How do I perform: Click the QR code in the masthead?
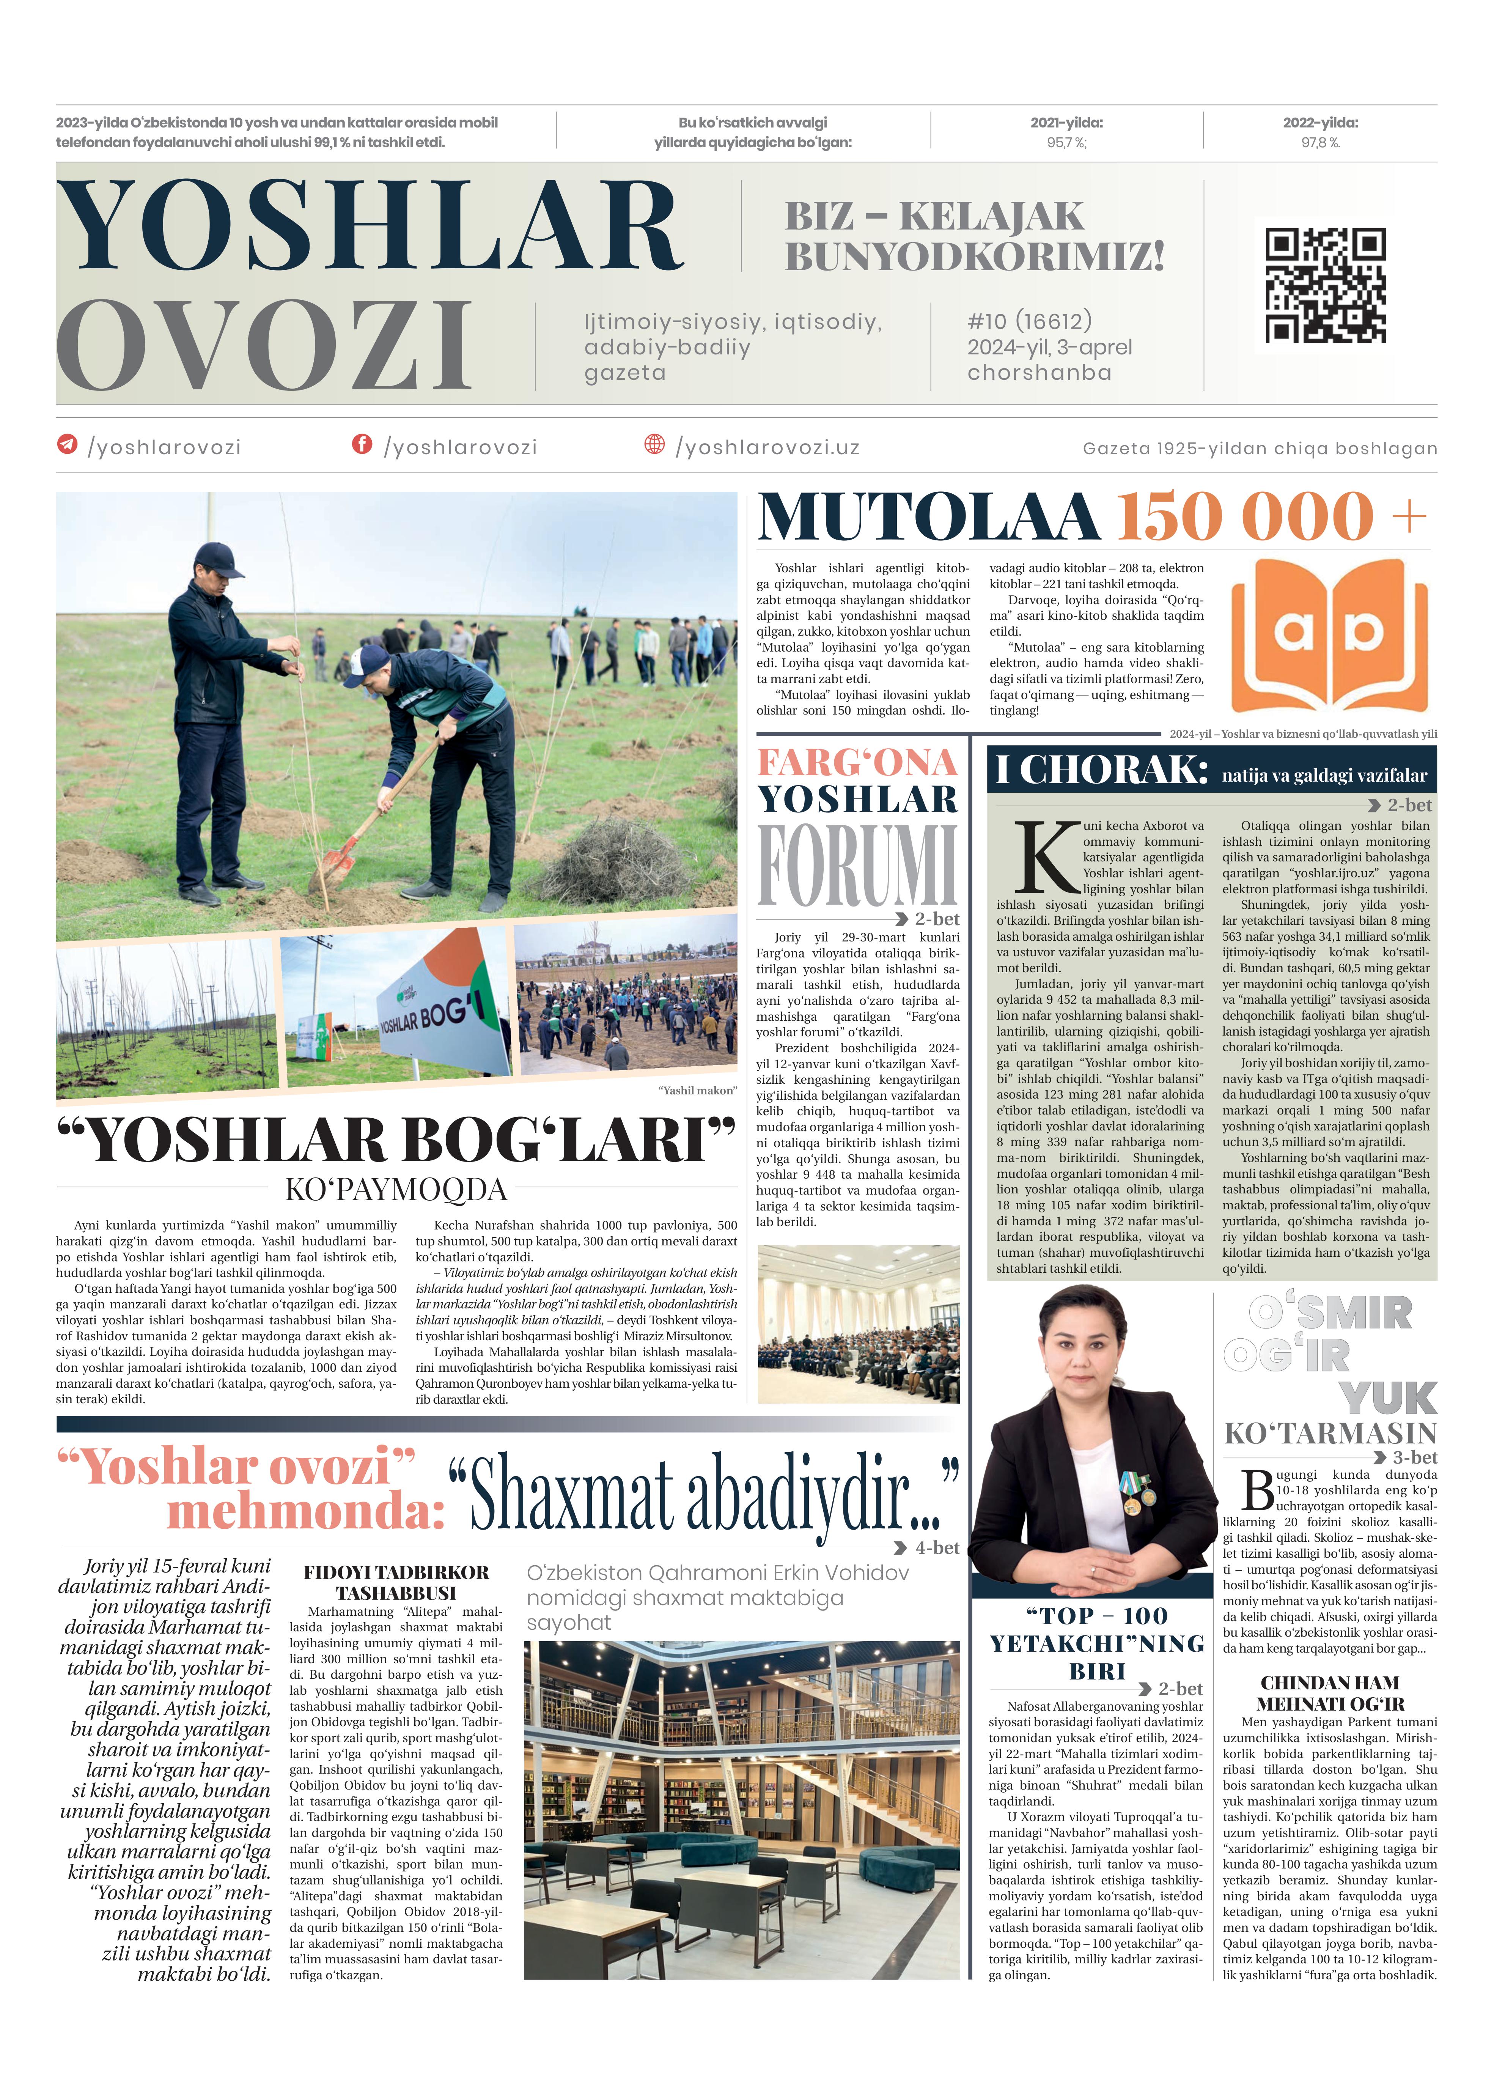(1325, 285)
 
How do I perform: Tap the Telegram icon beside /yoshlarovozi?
(68, 444)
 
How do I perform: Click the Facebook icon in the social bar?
(362, 444)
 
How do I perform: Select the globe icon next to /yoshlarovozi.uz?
(654, 444)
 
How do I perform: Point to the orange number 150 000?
(1244, 517)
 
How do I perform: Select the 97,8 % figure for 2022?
(1320, 143)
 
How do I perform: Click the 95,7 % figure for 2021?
(1066, 143)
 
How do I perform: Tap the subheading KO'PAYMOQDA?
(396, 1189)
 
